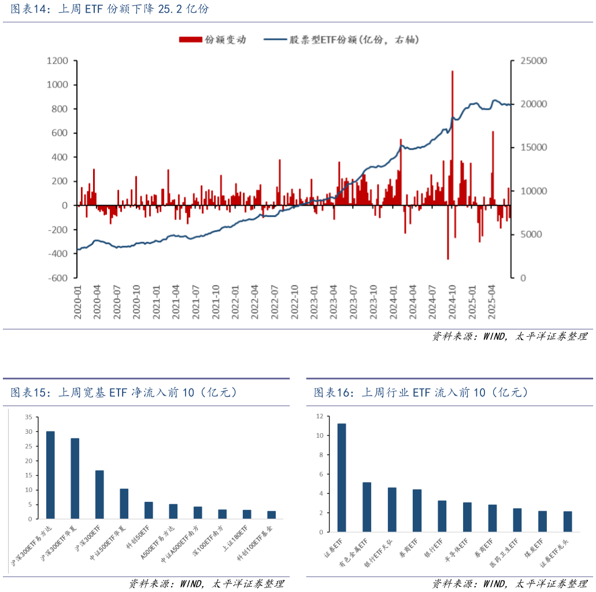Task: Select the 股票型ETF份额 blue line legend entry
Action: tap(341, 40)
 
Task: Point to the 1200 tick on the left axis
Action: tap(57, 61)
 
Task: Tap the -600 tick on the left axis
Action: tap(58, 277)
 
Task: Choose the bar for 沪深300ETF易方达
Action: tap(50, 475)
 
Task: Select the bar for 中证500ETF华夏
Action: tap(124, 504)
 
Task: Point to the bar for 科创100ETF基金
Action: tap(271, 515)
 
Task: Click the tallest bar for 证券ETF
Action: tap(341, 478)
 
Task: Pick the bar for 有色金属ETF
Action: tap(367, 507)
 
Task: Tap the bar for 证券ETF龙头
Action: tap(567, 522)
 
